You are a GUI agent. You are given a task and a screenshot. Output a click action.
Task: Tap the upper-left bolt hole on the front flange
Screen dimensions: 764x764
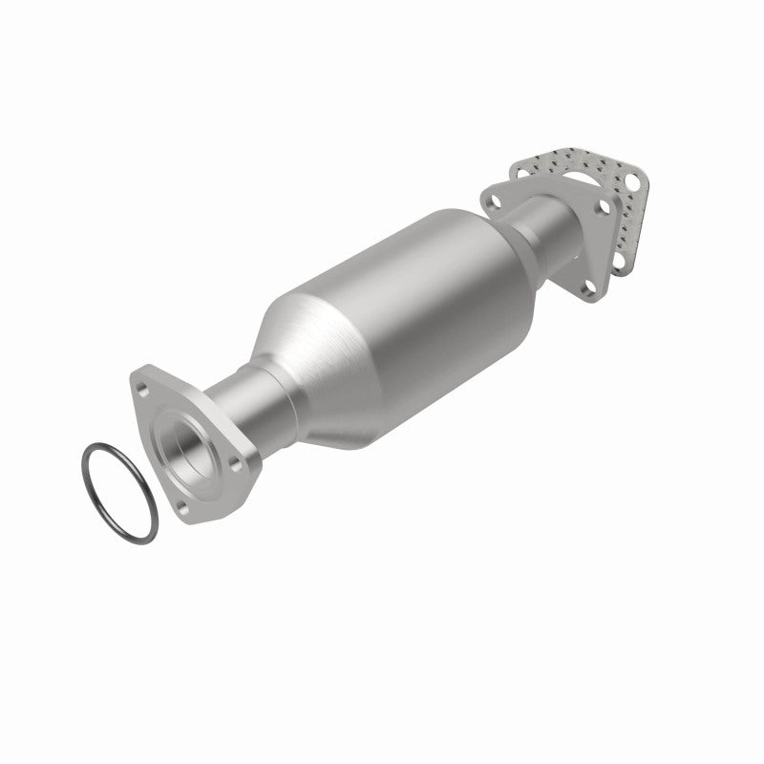143,389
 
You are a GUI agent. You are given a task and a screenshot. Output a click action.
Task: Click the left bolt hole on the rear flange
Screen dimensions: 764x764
496,201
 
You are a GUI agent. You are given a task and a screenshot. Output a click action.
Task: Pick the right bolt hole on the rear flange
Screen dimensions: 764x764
603,204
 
